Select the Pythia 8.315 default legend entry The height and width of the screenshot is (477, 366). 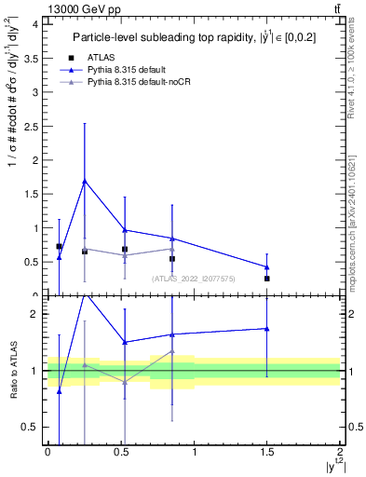(126, 69)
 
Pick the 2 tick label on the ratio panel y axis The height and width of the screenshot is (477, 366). (35, 314)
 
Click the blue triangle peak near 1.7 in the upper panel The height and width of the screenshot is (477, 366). (85, 181)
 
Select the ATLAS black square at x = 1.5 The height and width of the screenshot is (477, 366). (267, 279)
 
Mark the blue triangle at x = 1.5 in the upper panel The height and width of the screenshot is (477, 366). (267, 266)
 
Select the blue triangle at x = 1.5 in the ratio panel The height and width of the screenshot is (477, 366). (267, 328)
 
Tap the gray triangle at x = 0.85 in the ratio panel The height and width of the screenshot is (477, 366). (172, 351)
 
